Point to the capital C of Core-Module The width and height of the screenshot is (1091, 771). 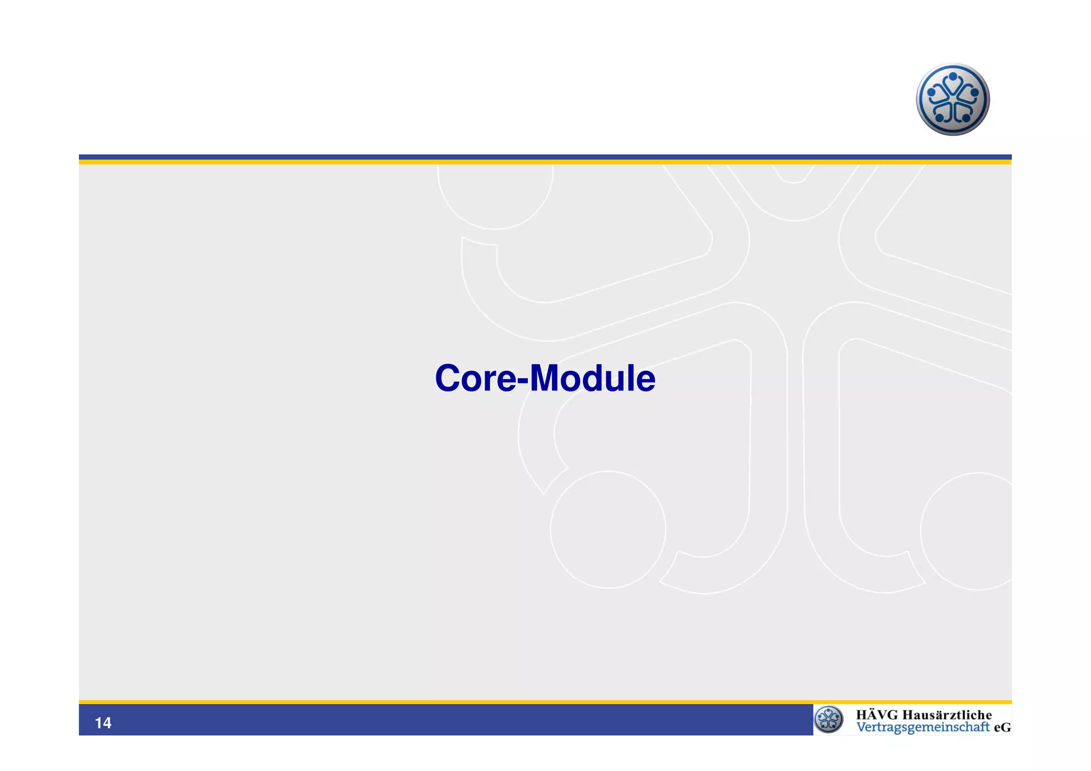(449, 379)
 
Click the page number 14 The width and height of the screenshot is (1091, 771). (103, 723)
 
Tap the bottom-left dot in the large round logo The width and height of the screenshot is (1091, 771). (939, 117)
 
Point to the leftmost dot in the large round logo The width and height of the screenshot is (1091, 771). (931, 92)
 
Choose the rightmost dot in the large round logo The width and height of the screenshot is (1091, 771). (974, 92)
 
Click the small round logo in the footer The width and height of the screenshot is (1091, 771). (828, 719)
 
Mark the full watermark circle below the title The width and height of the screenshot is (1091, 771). (608, 530)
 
